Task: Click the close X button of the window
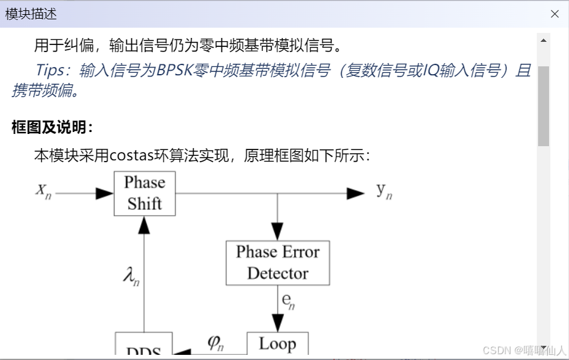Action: coord(554,14)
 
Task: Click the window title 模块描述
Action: coord(31,14)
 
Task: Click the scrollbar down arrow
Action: coord(544,347)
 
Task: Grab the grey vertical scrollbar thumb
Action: coord(544,106)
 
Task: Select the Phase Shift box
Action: coord(144,193)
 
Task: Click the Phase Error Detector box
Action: coord(277,263)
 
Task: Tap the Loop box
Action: coord(277,345)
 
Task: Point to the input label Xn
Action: coord(43,191)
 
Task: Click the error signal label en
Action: coord(288,300)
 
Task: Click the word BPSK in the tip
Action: coord(176,70)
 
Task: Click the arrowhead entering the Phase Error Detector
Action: coord(277,231)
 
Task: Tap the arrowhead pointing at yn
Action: coord(355,193)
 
